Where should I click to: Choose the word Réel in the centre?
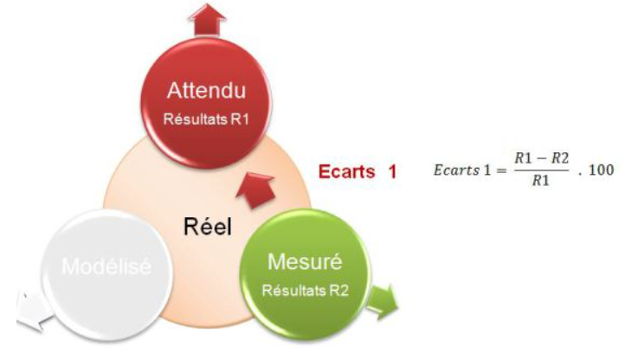point(208,226)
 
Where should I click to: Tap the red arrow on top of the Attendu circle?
point(207,18)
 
